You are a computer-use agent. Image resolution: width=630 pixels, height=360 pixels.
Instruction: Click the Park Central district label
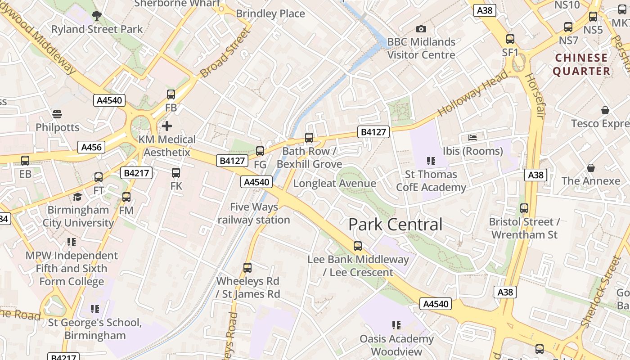(x=395, y=225)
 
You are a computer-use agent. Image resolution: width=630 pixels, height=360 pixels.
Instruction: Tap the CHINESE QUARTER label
(x=581, y=64)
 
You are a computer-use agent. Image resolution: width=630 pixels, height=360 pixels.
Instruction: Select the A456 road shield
(x=91, y=147)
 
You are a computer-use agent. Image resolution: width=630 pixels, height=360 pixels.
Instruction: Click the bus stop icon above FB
(x=171, y=94)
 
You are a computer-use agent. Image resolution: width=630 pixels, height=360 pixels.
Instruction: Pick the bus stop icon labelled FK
(x=176, y=172)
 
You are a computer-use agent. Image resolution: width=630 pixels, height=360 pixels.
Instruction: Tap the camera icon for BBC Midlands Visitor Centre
(x=421, y=29)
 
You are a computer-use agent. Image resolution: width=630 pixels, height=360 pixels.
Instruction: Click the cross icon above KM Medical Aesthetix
(x=167, y=126)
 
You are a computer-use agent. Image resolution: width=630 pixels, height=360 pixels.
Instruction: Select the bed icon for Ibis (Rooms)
(x=472, y=137)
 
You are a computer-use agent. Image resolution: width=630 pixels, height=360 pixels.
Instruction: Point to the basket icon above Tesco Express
(x=605, y=110)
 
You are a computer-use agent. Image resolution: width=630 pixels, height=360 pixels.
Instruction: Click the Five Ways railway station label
(x=254, y=213)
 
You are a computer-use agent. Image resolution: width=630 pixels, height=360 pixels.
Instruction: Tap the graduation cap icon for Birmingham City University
(x=78, y=197)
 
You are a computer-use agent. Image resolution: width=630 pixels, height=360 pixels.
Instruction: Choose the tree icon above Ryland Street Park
(x=96, y=16)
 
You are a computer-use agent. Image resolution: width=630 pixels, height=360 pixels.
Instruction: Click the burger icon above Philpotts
(x=57, y=114)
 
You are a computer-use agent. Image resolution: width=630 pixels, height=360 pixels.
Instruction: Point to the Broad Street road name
(x=225, y=53)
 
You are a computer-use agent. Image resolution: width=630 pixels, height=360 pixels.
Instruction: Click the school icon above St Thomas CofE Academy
(x=431, y=161)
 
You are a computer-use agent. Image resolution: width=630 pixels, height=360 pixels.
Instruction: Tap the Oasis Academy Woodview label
(x=396, y=345)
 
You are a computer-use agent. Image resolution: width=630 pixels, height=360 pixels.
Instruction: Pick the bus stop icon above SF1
(x=510, y=39)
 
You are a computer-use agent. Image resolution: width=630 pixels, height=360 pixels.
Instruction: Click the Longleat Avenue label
(x=334, y=184)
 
